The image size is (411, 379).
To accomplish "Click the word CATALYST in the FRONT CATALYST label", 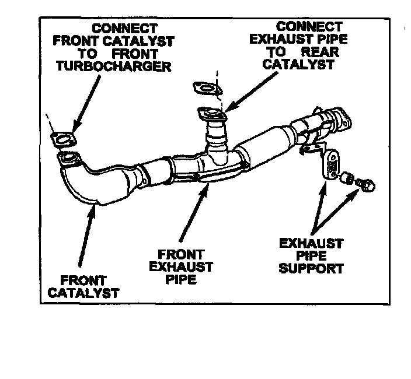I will (83, 292).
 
